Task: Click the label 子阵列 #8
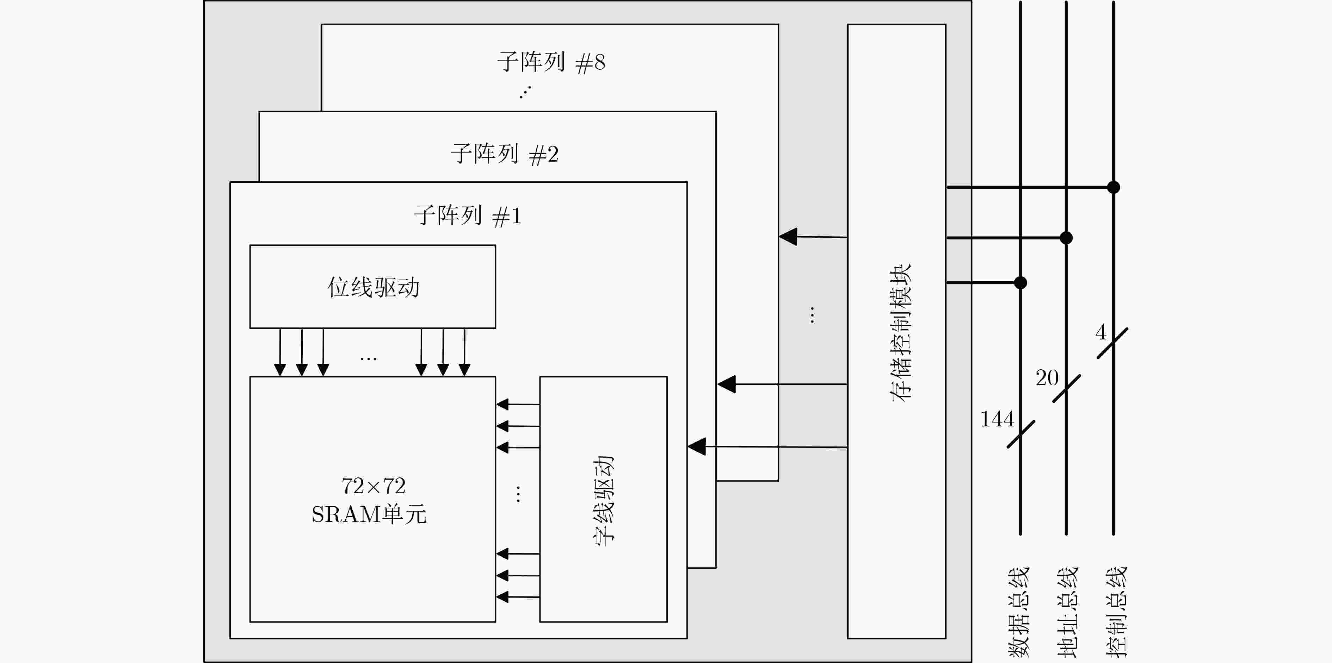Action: pyautogui.click(x=551, y=62)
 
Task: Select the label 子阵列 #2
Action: pyautogui.click(x=504, y=154)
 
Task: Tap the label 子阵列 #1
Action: pyautogui.click(x=468, y=215)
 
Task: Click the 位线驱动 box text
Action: pyautogui.click(x=373, y=287)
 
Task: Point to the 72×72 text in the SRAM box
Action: pyautogui.click(x=373, y=486)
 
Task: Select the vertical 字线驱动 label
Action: pyautogui.click(x=603, y=500)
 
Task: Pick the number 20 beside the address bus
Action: pyautogui.click(x=1047, y=378)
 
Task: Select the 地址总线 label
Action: pyautogui.click(x=1067, y=612)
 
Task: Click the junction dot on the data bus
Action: pyautogui.click(x=1020, y=283)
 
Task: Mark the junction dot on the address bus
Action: pyautogui.click(x=1066, y=238)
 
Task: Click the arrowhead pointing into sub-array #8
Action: pyautogui.click(x=788, y=237)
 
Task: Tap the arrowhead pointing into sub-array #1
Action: pyautogui.click(x=697, y=446)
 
